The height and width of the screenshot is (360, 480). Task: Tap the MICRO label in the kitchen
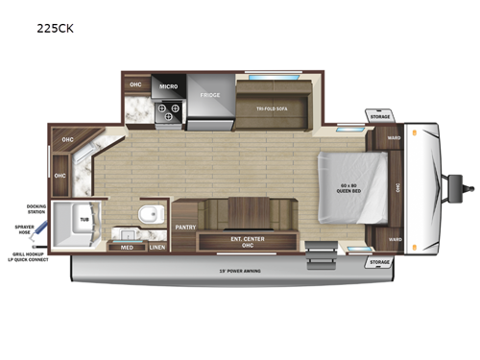(x=169, y=85)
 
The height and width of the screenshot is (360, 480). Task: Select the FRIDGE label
(x=210, y=96)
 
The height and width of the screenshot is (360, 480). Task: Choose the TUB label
(x=84, y=220)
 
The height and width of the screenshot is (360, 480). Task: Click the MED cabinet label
(x=127, y=247)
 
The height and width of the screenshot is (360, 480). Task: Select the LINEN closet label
(x=156, y=247)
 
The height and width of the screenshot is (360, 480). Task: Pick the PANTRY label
(x=185, y=228)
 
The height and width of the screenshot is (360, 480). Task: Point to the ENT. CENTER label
(x=247, y=240)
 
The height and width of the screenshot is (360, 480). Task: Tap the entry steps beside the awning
(x=318, y=256)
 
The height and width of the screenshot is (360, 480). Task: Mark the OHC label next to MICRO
(x=135, y=85)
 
